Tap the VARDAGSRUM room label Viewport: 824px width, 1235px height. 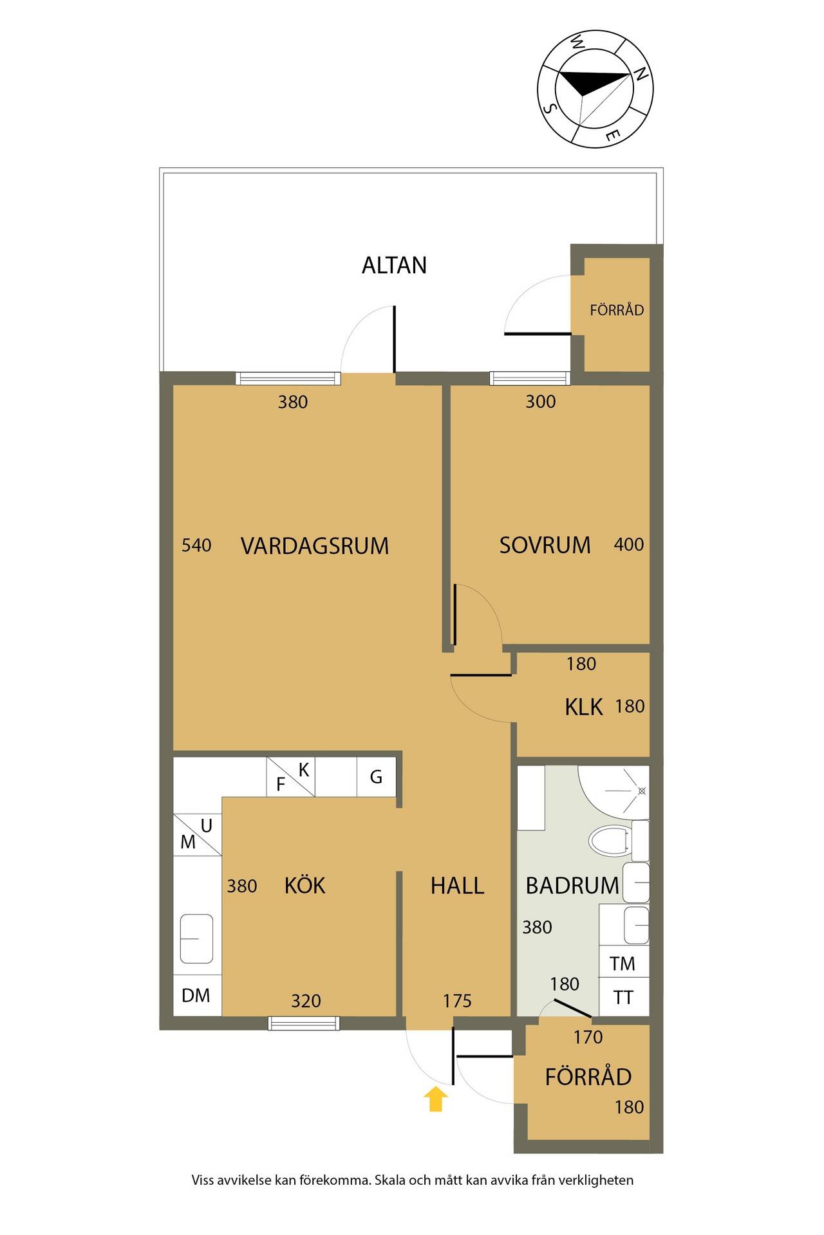click(x=315, y=546)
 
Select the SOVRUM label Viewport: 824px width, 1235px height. click(x=545, y=545)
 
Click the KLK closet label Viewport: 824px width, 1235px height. click(x=584, y=707)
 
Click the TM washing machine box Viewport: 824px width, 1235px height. click(x=623, y=963)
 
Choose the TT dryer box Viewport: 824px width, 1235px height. click(x=623, y=997)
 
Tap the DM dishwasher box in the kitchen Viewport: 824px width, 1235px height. click(x=197, y=995)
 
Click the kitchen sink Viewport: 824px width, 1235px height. click(x=196, y=938)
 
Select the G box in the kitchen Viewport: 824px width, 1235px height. click(x=377, y=777)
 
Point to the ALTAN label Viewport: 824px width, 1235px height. click(x=394, y=266)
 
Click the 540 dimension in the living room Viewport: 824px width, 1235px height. click(x=196, y=545)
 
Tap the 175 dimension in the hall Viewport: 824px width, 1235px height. click(x=457, y=1001)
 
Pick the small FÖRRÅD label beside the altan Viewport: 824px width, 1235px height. click(x=617, y=310)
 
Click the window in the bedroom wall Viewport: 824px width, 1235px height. click(x=530, y=378)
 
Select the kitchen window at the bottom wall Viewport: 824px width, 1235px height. click(x=304, y=1023)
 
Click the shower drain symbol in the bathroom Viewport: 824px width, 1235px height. click(x=641, y=791)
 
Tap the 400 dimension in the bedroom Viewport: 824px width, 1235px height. click(x=629, y=545)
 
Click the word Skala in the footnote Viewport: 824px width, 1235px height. click(x=391, y=1180)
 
